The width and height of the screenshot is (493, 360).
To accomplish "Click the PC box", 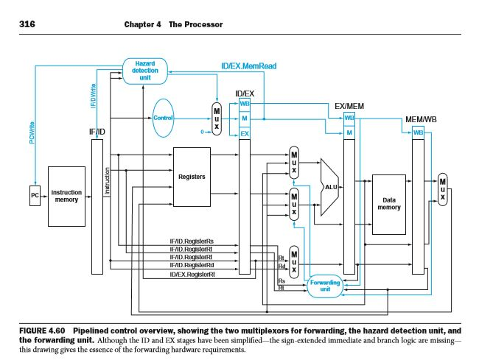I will [x=34, y=197].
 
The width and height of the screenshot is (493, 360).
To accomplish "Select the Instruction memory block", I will [x=66, y=196].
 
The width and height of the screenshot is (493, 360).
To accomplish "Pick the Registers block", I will [x=192, y=177].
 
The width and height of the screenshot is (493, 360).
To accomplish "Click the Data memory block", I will [x=388, y=202].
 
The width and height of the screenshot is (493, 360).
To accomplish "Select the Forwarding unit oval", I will [x=325, y=286].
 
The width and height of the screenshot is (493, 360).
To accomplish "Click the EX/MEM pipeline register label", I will [x=349, y=106].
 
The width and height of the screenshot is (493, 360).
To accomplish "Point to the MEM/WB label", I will [x=422, y=119].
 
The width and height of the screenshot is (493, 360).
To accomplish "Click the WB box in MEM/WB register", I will [x=419, y=133].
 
